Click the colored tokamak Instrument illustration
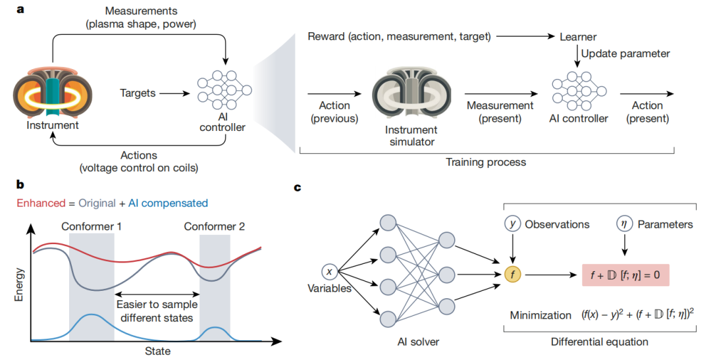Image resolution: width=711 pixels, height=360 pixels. tap(52, 92)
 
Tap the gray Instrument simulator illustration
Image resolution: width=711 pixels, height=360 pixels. tap(411, 93)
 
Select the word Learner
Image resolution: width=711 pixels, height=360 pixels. tap(578, 37)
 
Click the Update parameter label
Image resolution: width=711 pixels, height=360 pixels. tap(625, 53)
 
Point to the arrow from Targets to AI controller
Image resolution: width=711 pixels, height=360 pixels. tap(175, 93)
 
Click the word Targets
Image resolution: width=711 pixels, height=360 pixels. tap(138, 93)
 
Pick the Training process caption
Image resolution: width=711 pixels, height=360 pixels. tap(486, 162)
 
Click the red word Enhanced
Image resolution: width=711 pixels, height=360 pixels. tap(41, 203)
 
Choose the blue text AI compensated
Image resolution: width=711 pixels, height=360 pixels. tap(168, 203)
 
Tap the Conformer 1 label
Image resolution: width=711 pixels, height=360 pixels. tap(91, 226)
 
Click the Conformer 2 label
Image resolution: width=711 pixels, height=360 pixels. tap(214, 226)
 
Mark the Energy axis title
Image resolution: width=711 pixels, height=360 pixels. tap(18, 285)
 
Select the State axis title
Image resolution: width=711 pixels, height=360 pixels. tap(157, 351)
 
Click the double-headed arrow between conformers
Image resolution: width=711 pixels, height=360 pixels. tap(157, 294)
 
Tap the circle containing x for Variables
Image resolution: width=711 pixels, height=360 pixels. tap(329, 272)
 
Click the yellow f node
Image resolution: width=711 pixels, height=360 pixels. tap(512, 274)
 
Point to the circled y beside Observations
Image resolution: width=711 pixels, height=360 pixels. tap(512, 224)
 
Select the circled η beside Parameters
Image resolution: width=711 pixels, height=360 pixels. tap(624, 224)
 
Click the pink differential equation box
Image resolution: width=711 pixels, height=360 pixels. tap(625, 274)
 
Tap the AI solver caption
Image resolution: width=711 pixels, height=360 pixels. tap(418, 342)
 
